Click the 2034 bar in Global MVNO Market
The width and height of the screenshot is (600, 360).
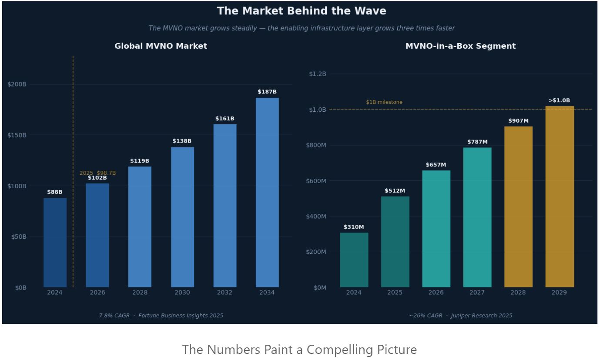coord(267,192)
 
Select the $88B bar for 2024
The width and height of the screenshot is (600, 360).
coord(55,243)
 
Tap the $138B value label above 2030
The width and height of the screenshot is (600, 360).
coord(182,141)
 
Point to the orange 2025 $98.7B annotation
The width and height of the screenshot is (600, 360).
coord(97,173)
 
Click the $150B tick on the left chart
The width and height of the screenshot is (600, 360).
coord(17,135)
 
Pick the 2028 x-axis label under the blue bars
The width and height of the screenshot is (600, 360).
coord(140,293)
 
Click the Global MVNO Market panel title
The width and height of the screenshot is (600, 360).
coord(161,46)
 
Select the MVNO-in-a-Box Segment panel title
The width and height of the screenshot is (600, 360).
coord(460,46)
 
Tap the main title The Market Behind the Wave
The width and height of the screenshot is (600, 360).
coord(301,11)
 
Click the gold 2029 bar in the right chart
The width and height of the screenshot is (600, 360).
coord(559,197)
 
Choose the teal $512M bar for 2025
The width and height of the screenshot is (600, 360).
coord(395,242)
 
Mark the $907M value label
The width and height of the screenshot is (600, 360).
coord(518,121)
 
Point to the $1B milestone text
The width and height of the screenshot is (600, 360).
coord(384,102)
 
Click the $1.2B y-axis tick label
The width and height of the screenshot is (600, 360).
coord(318,74)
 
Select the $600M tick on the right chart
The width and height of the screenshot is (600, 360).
coord(316,181)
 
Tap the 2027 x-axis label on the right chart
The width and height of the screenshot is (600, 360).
coord(477,293)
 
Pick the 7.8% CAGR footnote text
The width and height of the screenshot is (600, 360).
coord(114,316)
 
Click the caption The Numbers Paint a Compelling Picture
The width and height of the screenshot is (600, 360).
coord(299,350)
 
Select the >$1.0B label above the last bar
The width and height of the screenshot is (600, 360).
coord(559,101)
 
